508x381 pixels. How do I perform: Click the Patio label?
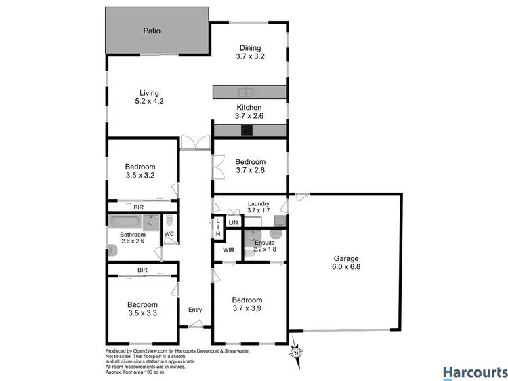151,31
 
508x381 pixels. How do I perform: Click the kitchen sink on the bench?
245,92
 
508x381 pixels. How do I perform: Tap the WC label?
169,235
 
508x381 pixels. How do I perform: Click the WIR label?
228,250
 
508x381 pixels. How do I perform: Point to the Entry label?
195,310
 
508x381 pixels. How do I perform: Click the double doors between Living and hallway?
196,142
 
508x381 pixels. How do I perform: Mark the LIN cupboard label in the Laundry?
233,222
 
